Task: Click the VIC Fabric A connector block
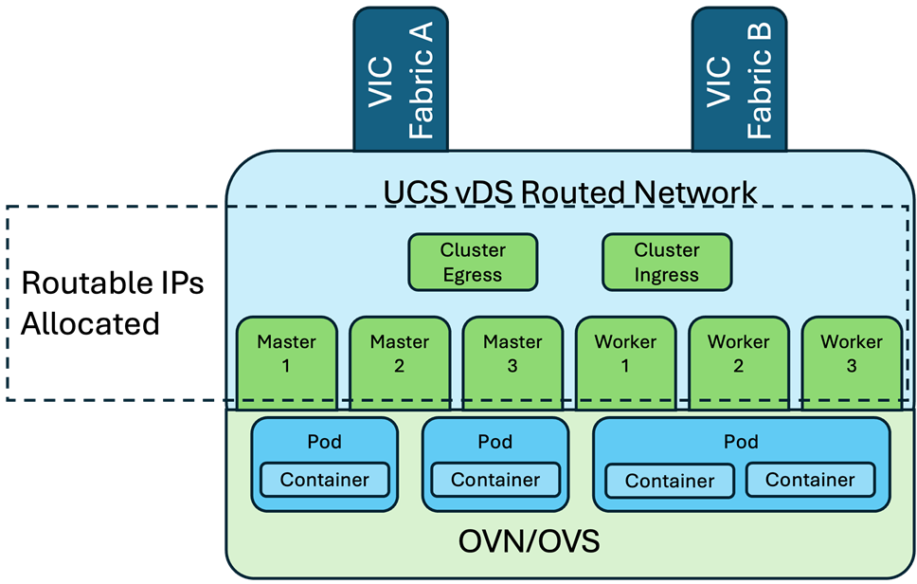click(x=394, y=80)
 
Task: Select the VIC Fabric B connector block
click(x=732, y=80)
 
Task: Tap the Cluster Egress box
click(x=473, y=263)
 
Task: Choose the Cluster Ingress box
click(x=667, y=263)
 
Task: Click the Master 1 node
click(x=286, y=356)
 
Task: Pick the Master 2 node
click(x=399, y=356)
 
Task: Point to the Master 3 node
click(x=512, y=356)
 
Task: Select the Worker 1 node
click(x=625, y=356)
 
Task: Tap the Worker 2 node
click(x=739, y=356)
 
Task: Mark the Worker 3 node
click(x=852, y=356)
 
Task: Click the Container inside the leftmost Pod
click(x=325, y=480)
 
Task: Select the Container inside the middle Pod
click(x=495, y=480)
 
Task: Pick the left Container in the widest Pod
click(x=670, y=481)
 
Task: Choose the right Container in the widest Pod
click(x=810, y=480)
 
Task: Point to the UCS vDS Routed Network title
click(x=570, y=192)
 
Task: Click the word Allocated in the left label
click(x=90, y=323)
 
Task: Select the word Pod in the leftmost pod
click(x=325, y=442)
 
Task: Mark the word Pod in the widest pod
click(x=741, y=442)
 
